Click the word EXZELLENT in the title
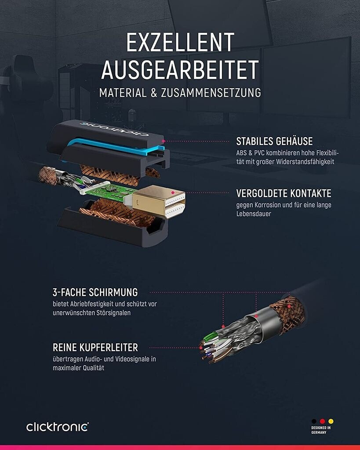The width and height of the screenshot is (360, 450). (180, 43)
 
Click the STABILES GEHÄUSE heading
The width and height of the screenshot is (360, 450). (274, 142)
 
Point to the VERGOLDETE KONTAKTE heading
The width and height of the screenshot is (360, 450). (284, 193)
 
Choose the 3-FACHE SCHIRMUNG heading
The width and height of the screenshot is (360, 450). (95, 292)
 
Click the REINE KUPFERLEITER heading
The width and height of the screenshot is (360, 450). (95, 348)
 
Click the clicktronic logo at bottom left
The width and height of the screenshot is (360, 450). (57, 426)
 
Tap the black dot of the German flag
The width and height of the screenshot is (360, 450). (314, 421)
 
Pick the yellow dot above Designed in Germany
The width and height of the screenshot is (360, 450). (331, 421)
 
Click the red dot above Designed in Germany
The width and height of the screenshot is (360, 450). (322, 421)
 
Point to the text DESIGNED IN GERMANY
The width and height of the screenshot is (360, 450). (321, 430)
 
